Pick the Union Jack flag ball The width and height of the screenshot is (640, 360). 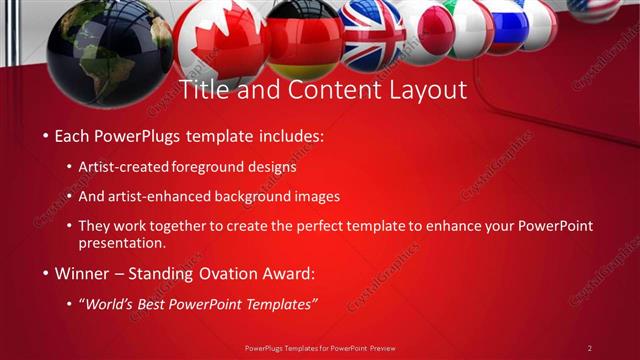click(371, 30)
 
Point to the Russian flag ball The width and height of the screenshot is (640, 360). click(508, 24)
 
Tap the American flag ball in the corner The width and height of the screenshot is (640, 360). click(594, 8)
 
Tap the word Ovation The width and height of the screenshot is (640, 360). click(225, 273)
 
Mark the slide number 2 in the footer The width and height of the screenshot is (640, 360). click(590, 348)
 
